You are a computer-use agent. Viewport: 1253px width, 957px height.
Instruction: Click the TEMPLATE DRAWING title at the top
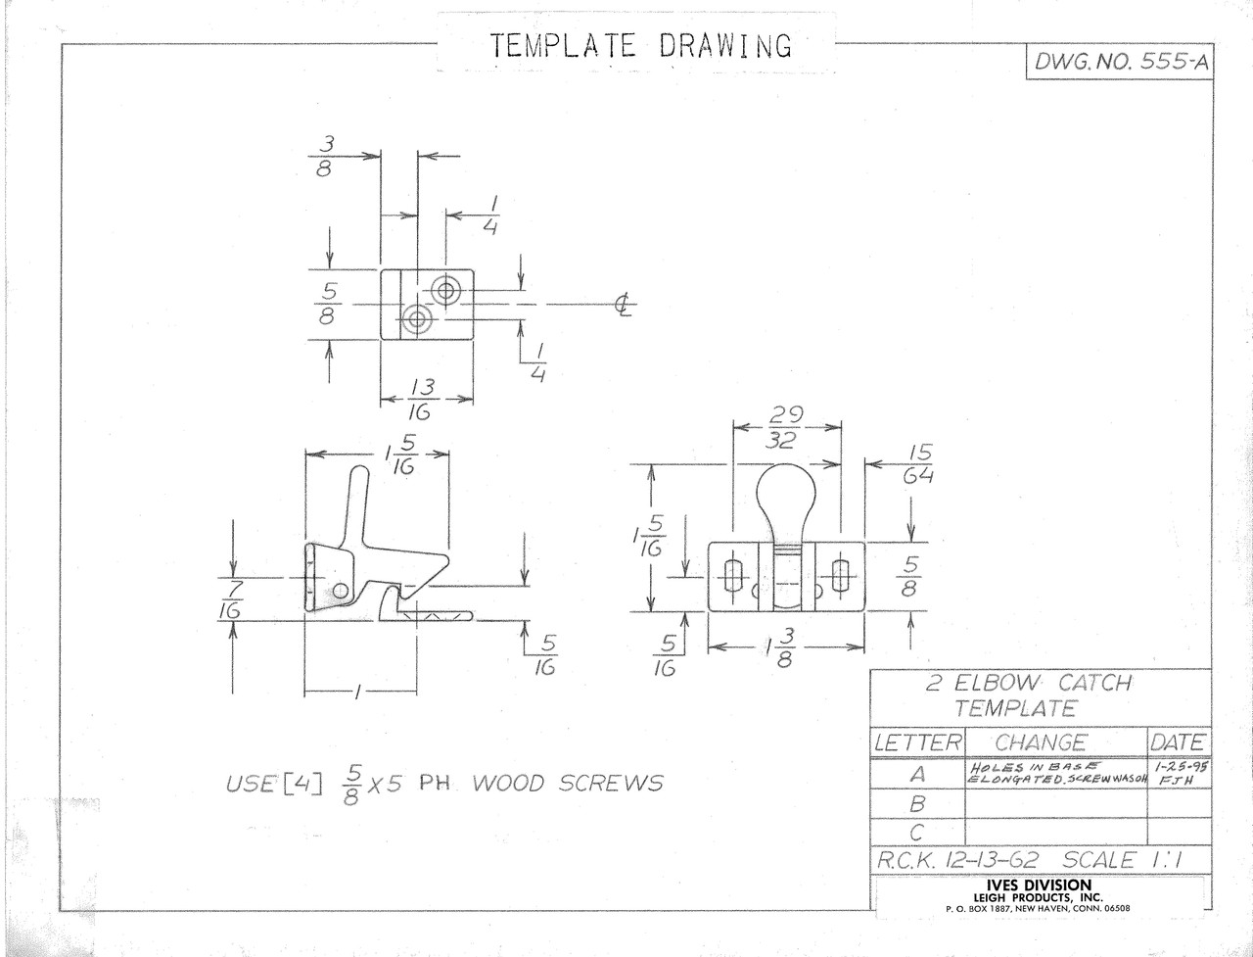pyautogui.click(x=641, y=46)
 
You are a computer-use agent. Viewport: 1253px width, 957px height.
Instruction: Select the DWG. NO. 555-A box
pyautogui.click(x=1120, y=61)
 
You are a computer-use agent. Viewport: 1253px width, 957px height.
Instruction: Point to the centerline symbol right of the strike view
pyautogui.click(x=625, y=305)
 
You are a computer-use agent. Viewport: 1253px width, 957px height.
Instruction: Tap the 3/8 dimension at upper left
pyautogui.click(x=325, y=156)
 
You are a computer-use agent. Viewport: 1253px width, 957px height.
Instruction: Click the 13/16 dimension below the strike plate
pyautogui.click(x=421, y=400)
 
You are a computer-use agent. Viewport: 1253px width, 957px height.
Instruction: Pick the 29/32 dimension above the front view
pyautogui.click(x=785, y=427)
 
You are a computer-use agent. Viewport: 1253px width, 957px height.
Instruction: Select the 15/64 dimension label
pyautogui.click(x=918, y=464)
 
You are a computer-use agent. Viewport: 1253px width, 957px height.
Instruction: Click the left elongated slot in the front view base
pyautogui.click(x=732, y=577)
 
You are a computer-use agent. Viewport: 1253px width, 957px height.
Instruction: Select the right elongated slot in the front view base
pyautogui.click(x=840, y=577)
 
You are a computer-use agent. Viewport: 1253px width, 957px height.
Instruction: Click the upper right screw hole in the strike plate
pyautogui.click(x=445, y=291)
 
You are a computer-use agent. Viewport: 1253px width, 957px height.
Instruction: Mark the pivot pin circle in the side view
pyautogui.click(x=341, y=590)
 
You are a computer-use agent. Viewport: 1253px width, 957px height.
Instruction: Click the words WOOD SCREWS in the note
pyautogui.click(x=568, y=783)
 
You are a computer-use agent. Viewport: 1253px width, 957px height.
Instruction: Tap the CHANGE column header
pyautogui.click(x=1040, y=742)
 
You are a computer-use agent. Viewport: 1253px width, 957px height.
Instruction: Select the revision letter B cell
pyautogui.click(x=917, y=804)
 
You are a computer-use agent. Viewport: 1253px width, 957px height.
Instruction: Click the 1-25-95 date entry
pyautogui.click(x=1180, y=767)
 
